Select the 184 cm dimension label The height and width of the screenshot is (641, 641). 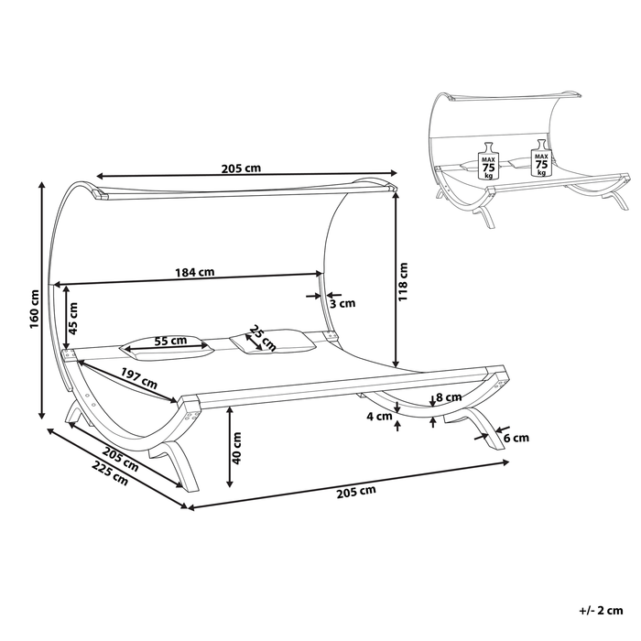[195, 271]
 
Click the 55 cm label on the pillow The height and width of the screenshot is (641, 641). [170, 341]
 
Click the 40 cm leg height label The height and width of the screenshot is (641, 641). [237, 448]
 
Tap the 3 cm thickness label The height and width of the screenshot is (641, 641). [342, 303]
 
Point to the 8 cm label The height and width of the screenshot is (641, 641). [448, 397]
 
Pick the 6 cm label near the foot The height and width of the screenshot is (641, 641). [516, 438]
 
